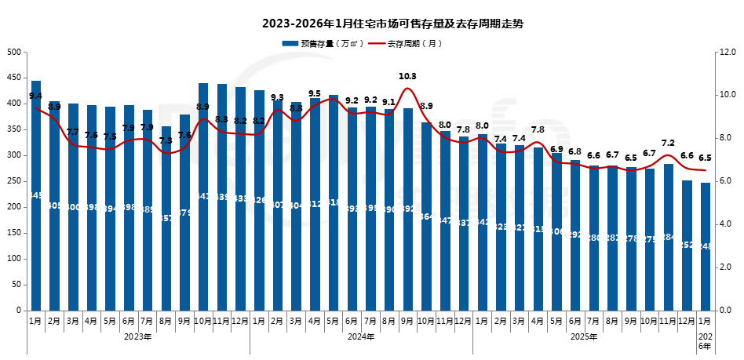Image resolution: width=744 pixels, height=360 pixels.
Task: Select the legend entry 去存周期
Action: tap(414, 44)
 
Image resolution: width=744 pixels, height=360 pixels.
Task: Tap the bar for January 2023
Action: tap(35, 196)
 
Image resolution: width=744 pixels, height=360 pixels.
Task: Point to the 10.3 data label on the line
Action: tap(407, 76)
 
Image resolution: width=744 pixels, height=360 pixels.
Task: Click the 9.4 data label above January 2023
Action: tap(35, 96)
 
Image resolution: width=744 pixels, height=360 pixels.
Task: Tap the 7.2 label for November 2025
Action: tap(668, 143)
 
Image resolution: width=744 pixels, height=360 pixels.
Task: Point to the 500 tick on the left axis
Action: tap(13, 52)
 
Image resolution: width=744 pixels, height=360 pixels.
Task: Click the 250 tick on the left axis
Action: tap(13, 181)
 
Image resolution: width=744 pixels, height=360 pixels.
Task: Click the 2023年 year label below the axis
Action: tap(138, 337)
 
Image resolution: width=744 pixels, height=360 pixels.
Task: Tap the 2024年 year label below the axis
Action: tap(361, 337)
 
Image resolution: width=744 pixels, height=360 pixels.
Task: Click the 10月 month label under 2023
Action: tap(202, 322)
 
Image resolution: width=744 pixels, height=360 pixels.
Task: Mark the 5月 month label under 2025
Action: tap(556, 322)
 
